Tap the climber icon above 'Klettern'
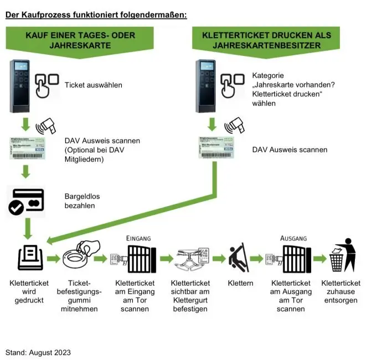[239, 258]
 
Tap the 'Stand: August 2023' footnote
[38, 352]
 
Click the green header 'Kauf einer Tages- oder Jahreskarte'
[80, 40]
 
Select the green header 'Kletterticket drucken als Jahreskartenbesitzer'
[266, 40]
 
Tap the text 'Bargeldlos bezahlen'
[80, 200]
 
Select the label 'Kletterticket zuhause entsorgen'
[341, 291]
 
